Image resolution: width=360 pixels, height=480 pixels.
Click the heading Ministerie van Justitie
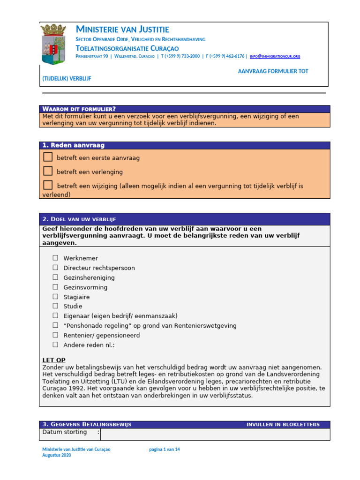(122, 30)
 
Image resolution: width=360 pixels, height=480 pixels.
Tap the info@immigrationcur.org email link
(275, 56)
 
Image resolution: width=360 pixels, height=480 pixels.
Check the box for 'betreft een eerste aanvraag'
(48, 157)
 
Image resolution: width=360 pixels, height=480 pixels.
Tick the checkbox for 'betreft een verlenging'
(48, 171)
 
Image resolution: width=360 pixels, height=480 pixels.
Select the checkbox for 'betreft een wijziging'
(48, 185)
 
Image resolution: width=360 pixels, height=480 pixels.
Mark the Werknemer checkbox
(55, 258)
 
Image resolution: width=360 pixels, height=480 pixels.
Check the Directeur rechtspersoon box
(55, 268)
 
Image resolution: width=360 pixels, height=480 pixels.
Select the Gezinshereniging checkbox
(55, 277)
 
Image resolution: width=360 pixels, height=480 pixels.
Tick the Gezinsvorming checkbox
(55, 287)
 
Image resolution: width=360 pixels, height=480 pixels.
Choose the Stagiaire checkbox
(55, 297)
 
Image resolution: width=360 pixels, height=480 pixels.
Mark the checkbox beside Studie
(55, 306)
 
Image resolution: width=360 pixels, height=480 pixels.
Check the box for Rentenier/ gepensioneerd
(55, 335)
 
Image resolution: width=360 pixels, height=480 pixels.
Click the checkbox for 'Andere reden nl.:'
(55, 345)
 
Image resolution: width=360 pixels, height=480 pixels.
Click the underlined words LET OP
(54, 360)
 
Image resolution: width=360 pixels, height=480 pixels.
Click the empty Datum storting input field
(215, 434)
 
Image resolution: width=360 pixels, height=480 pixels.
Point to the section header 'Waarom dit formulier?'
(79, 109)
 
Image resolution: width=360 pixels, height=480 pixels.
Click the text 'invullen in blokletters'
(283, 424)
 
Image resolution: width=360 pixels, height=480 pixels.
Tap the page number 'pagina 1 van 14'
(165, 449)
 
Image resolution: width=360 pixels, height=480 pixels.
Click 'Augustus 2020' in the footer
(57, 456)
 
